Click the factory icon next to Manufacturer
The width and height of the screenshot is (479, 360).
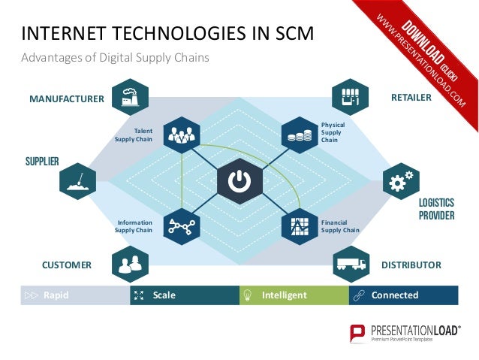coord(130,97)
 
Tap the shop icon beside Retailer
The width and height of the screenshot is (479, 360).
coord(351,97)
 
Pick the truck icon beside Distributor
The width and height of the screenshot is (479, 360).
coord(351,264)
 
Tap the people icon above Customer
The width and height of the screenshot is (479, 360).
coord(130,264)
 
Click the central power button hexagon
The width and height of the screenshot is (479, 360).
coord(239,181)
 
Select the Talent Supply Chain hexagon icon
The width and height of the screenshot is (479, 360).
coord(181,135)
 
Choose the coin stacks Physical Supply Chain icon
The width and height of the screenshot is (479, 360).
coord(300,135)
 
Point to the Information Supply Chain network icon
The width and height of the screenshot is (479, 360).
coord(181,226)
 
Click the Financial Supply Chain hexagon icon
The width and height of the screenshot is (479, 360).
coord(300,226)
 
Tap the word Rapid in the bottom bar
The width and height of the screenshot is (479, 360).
coord(56,295)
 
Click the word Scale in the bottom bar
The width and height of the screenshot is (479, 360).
coord(164,295)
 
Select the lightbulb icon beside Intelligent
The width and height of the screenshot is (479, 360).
coord(247,295)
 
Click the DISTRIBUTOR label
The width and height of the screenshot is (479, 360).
coord(411,265)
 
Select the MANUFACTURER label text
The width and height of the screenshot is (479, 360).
coord(66,98)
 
